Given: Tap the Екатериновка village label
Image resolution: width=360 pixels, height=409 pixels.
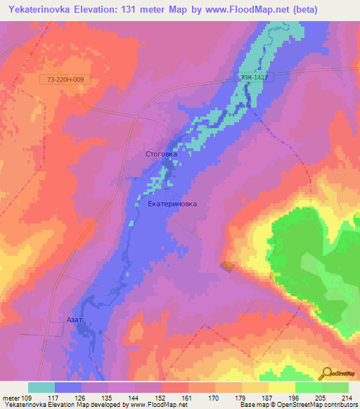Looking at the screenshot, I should point(173,204).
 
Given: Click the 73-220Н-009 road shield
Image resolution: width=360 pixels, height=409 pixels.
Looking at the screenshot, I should point(65,80).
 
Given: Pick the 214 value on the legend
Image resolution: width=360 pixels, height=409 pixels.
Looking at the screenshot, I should point(347,397).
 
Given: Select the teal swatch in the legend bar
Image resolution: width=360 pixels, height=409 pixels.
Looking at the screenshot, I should point(41,387).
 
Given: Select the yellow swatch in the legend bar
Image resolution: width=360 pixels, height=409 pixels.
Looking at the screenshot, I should point(282,387).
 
